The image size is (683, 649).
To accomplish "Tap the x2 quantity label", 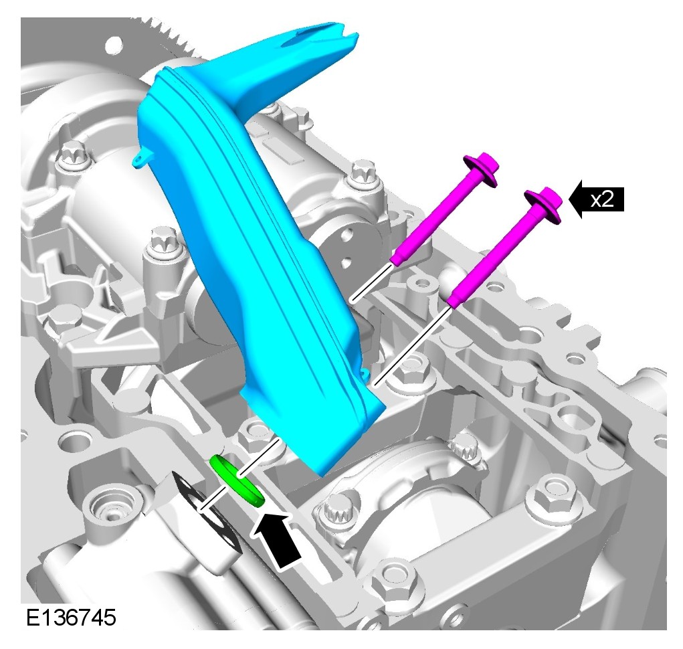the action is pyautogui.click(x=603, y=199).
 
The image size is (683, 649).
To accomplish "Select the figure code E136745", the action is pyautogui.click(x=71, y=617).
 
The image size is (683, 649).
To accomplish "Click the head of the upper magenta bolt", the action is pyautogui.click(x=482, y=169).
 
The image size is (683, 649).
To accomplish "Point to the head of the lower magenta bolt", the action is pyautogui.click(x=544, y=205).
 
